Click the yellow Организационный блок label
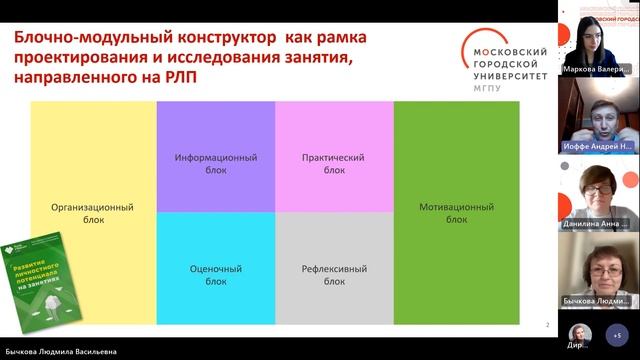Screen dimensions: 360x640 93,213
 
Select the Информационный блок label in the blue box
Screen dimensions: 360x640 215,164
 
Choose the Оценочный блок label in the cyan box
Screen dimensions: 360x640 215,275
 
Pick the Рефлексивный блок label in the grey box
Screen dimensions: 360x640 334,275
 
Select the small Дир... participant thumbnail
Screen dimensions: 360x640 577,335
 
